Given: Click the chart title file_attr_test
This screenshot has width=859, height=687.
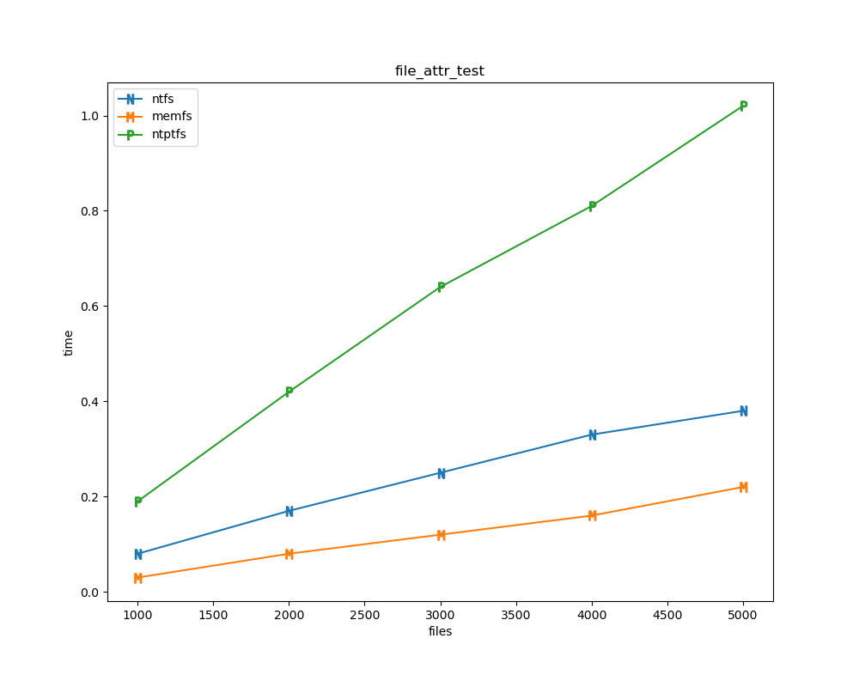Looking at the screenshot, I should click(x=439, y=71).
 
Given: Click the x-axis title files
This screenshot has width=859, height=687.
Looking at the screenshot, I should click(x=440, y=631).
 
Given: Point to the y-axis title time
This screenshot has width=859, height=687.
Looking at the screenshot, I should click(x=69, y=343).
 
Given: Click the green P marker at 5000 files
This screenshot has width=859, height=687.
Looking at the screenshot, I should click(x=744, y=106).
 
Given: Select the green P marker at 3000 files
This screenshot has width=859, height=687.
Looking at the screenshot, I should click(x=441, y=287).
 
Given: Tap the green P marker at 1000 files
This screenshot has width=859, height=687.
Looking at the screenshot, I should click(x=137, y=502).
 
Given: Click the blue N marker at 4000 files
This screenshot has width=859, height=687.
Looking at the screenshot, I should click(x=592, y=435).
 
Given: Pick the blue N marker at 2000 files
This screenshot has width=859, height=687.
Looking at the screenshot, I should click(x=289, y=511).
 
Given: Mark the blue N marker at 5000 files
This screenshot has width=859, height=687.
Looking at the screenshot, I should click(x=744, y=410).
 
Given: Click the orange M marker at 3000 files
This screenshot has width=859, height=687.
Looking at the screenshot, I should click(x=441, y=535).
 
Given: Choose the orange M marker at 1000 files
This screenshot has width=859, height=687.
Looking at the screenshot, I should click(x=137, y=578).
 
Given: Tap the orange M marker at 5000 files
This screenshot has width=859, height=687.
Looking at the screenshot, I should click(x=744, y=487).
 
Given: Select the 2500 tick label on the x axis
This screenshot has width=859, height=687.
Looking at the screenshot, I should click(x=364, y=615).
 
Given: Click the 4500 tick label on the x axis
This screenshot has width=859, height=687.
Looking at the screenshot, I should click(x=667, y=615).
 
